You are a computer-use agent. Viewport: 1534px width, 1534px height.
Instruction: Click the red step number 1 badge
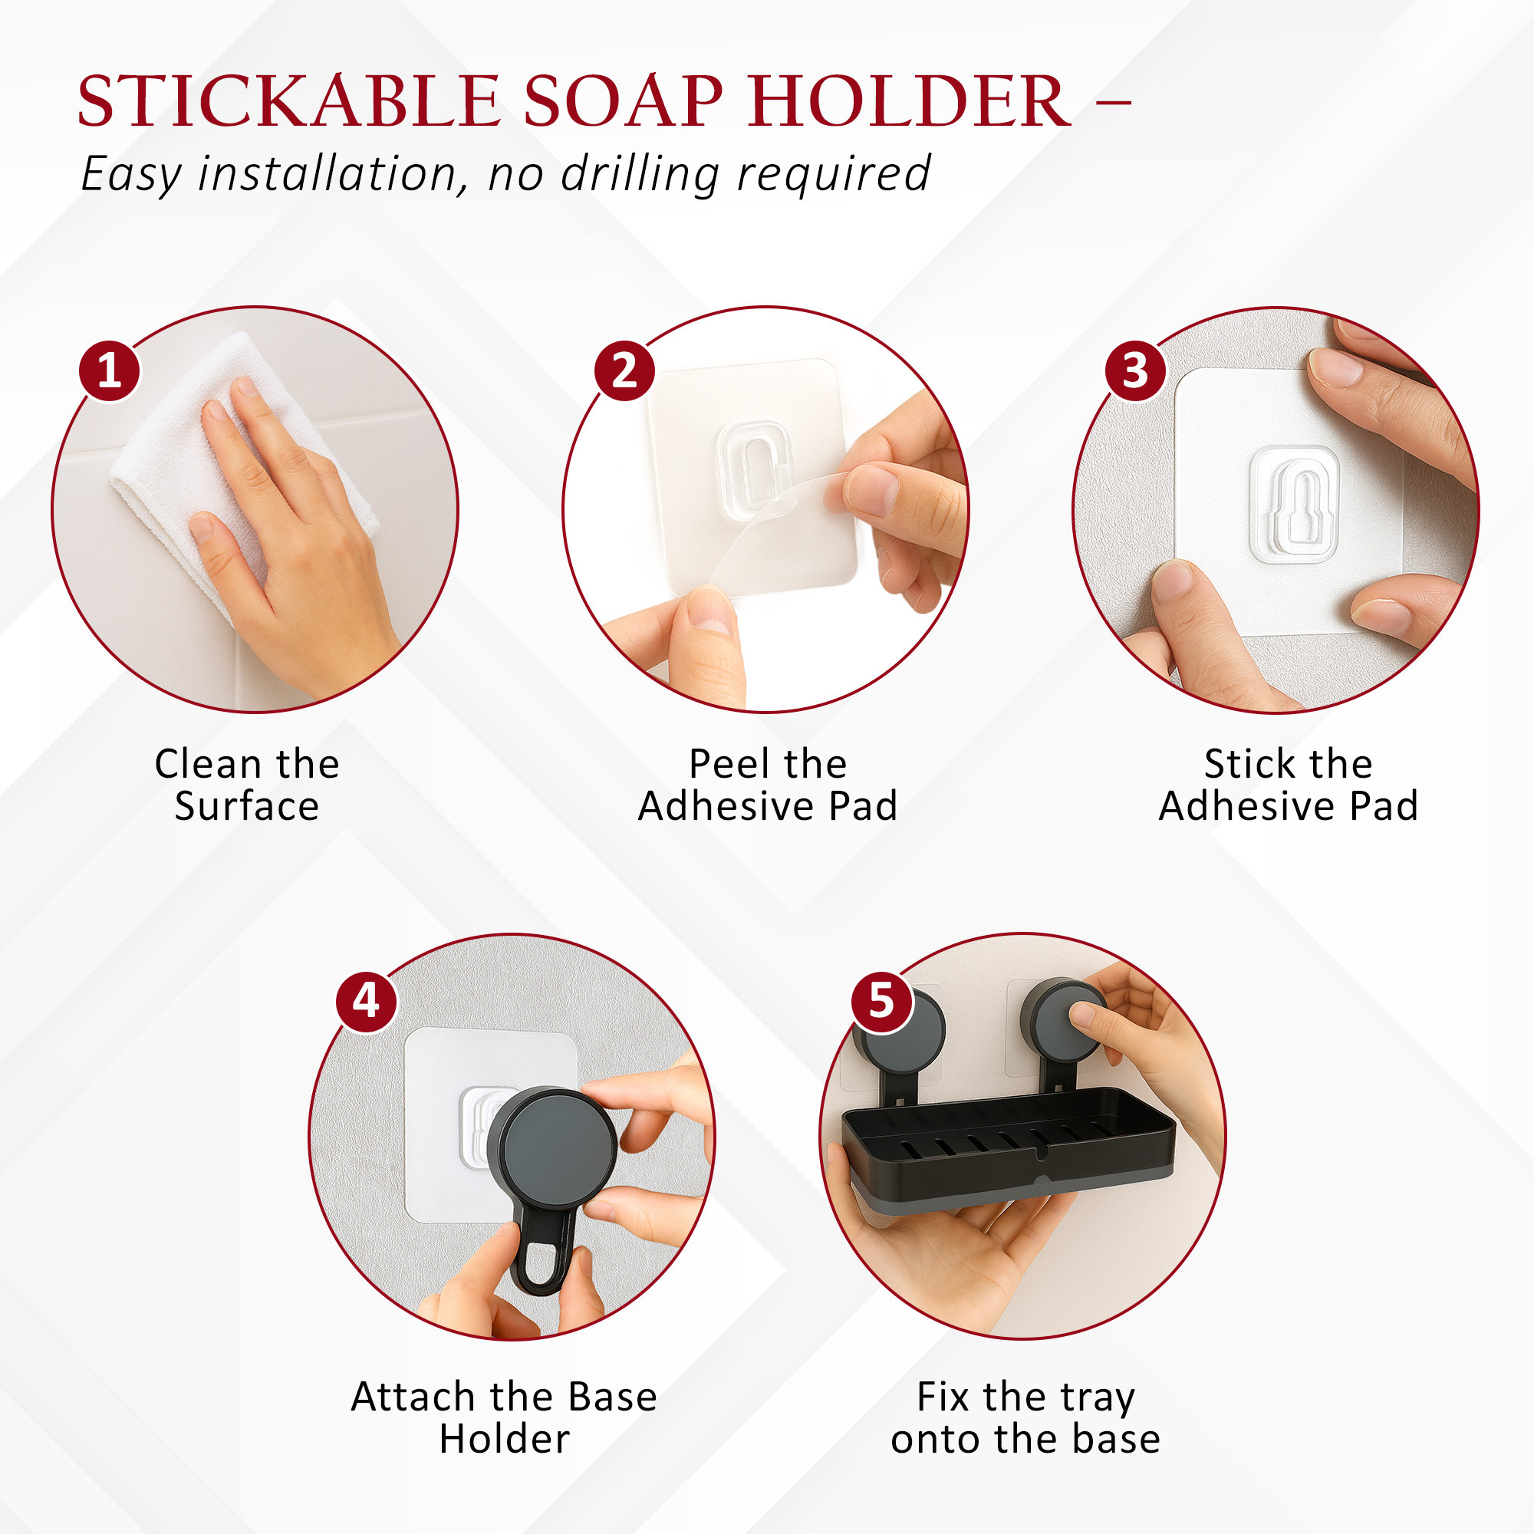click(x=110, y=370)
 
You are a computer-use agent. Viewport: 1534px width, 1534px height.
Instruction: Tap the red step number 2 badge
click(x=625, y=370)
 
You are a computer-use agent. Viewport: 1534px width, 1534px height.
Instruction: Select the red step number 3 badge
click(x=1135, y=370)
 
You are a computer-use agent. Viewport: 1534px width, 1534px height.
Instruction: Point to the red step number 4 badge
click(x=366, y=1001)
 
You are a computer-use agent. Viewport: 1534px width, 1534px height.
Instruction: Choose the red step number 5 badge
click(x=881, y=1001)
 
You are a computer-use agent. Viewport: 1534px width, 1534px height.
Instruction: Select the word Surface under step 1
click(x=247, y=807)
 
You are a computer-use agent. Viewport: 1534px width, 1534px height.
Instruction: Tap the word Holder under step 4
click(x=505, y=1440)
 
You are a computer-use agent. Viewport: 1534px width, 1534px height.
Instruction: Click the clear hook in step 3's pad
click(x=1294, y=504)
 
